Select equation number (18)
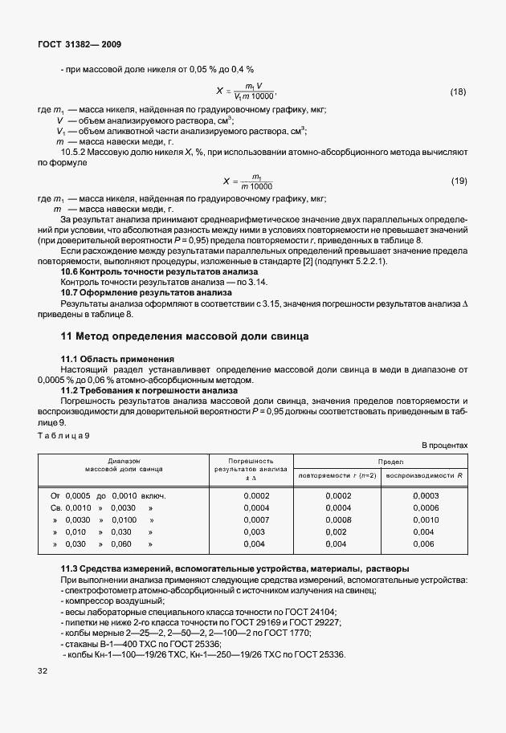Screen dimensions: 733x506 coord(458,92)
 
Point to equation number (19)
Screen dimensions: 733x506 coord(458,181)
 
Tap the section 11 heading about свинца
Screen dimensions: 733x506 coord(186,335)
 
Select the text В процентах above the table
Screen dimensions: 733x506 coord(444,445)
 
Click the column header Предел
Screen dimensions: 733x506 coord(380,462)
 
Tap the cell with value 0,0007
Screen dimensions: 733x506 coord(255,520)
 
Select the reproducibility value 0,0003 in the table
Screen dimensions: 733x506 coord(426,496)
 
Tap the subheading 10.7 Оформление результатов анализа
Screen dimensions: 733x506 coord(146,293)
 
